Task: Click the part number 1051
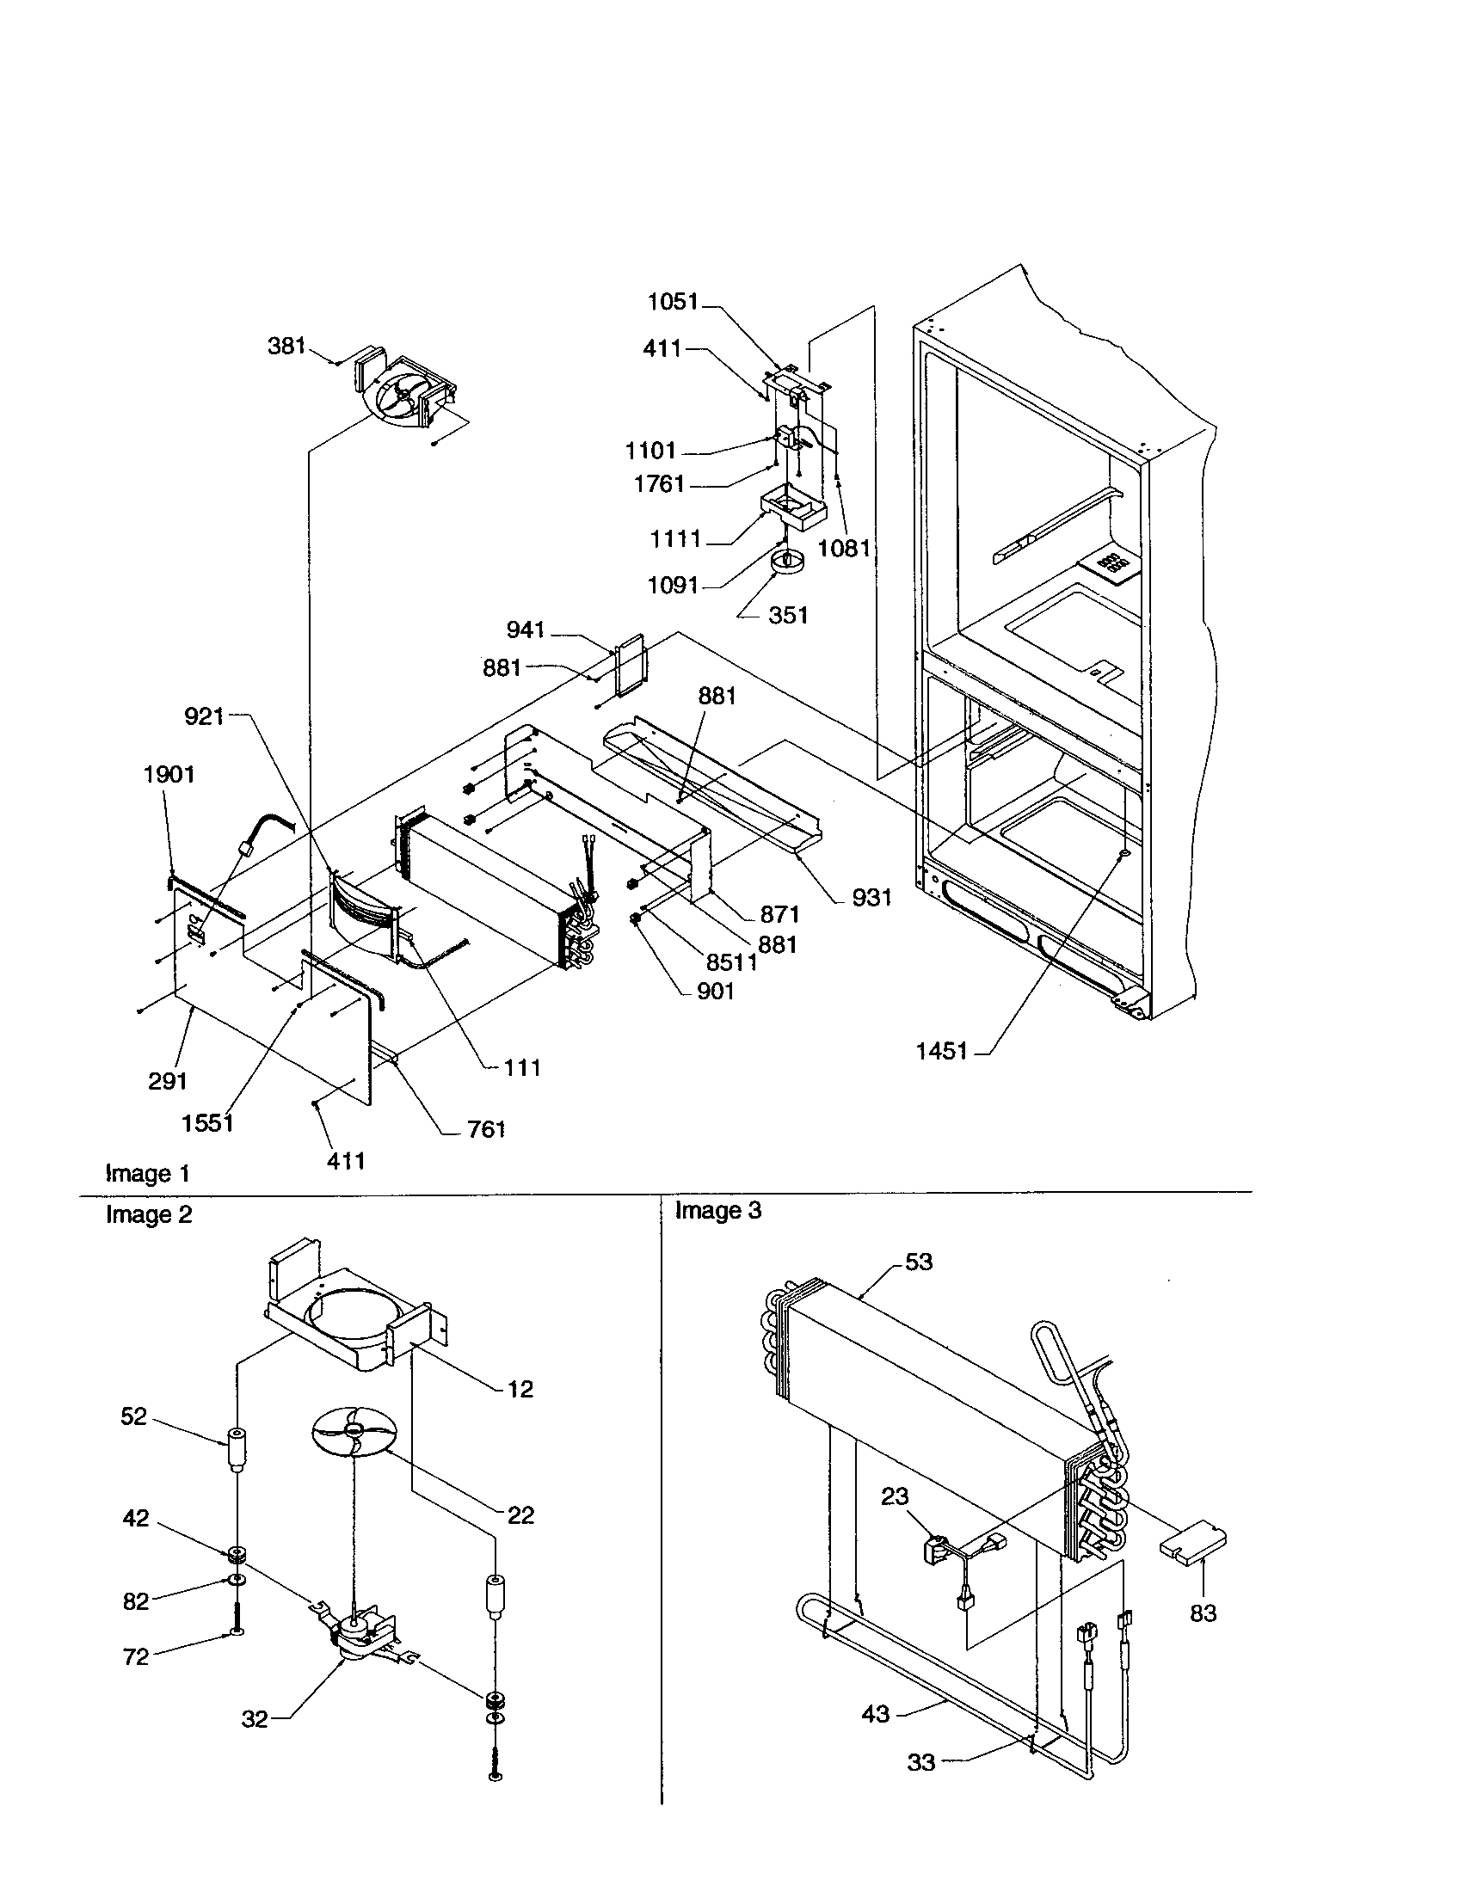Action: (x=674, y=302)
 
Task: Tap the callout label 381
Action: (x=286, y=346)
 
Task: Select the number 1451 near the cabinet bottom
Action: (x=942, y=1051)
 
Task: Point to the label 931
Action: (x=871, y=898)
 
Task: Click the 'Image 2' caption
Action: (x=148, y=1214)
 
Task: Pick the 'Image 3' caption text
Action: (x=717, y=1210)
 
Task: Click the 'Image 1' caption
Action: (x=147, y=1174)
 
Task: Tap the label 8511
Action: (x=731, y=962)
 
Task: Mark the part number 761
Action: (x=485, y=1130)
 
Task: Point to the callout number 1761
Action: (x=659, y=484)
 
